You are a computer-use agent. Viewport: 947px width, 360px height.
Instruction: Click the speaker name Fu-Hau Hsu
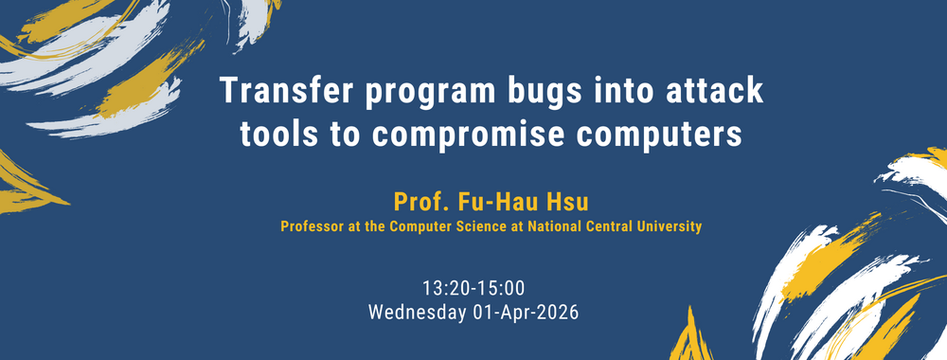coord(507,201)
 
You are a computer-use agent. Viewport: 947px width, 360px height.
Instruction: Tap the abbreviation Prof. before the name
coord(419,201)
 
